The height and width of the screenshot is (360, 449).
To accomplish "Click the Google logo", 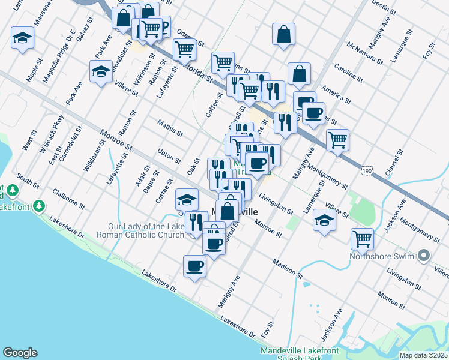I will tap(20, 353).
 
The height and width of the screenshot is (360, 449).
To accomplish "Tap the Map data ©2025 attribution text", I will tap(424, 355).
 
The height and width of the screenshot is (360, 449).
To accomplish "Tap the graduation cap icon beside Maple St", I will tap(23, 40).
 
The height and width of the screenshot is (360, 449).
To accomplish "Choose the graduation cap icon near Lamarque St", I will tap(324, 222).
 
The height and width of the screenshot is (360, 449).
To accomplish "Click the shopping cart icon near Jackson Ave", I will tap(363, 239).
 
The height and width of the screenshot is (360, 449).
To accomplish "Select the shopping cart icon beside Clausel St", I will tap(338, 140).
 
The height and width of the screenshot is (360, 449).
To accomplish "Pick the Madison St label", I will tap(287, 268).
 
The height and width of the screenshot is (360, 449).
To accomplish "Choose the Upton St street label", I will tap(169, 155).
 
